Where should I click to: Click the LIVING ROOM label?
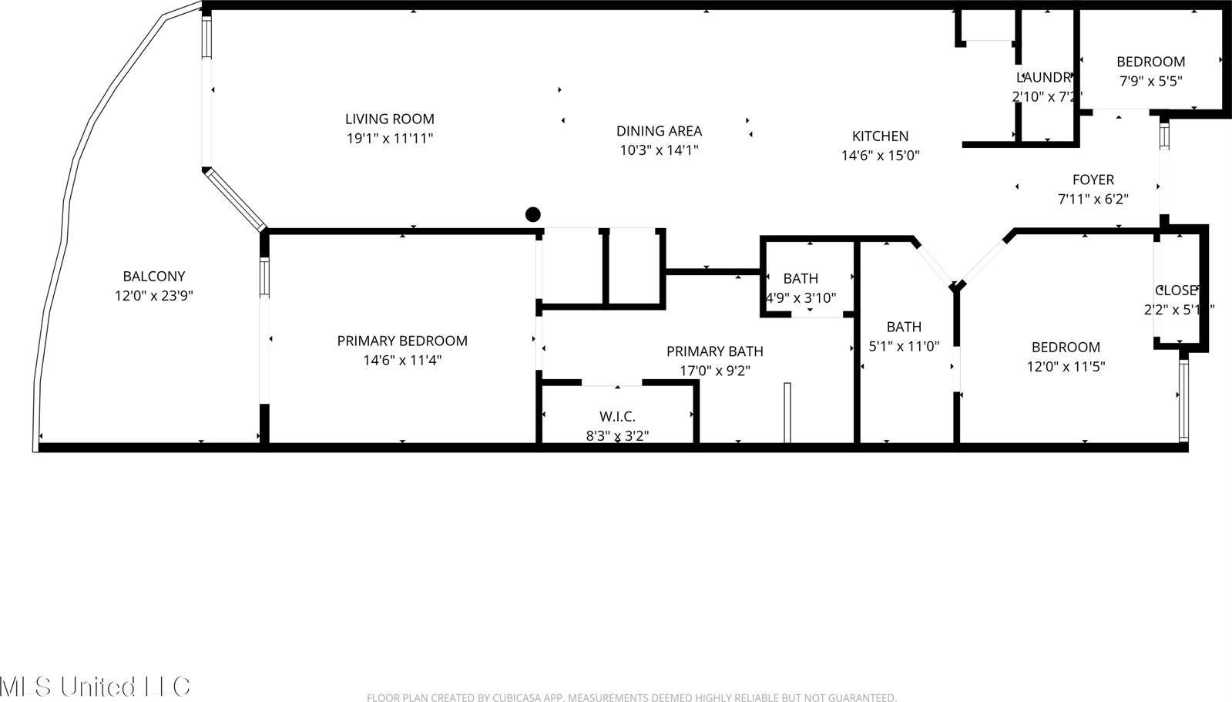tap(389, 119)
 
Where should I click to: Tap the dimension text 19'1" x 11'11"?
tap(389, 139)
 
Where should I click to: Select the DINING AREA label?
tap(659, 131)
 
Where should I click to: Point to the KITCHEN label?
tap(880, 136)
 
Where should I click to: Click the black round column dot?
tap(532, 214)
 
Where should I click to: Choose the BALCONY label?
tap(154, 276)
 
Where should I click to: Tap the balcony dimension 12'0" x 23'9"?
tap(154, 295)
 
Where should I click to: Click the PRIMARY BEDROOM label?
tap(402, 341)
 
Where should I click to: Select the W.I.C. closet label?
tap(617, 417)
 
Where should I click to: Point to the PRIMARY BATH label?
tap(714, 351)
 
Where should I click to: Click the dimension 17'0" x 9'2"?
tap(714, 371)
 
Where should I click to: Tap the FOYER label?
tap(1093, 180)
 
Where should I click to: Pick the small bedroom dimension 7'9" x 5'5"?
tap(1150, 80)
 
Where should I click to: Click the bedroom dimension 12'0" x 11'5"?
tap(1066, 367)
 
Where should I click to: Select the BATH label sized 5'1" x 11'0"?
tap(904, 327)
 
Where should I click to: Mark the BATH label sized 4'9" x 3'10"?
tap(801, 278)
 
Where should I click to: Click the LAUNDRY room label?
tap(1045, 77)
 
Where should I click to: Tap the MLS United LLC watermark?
tap(95, 685)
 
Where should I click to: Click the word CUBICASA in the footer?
tap(505, 697)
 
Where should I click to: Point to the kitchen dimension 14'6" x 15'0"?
tap(880, 156)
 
